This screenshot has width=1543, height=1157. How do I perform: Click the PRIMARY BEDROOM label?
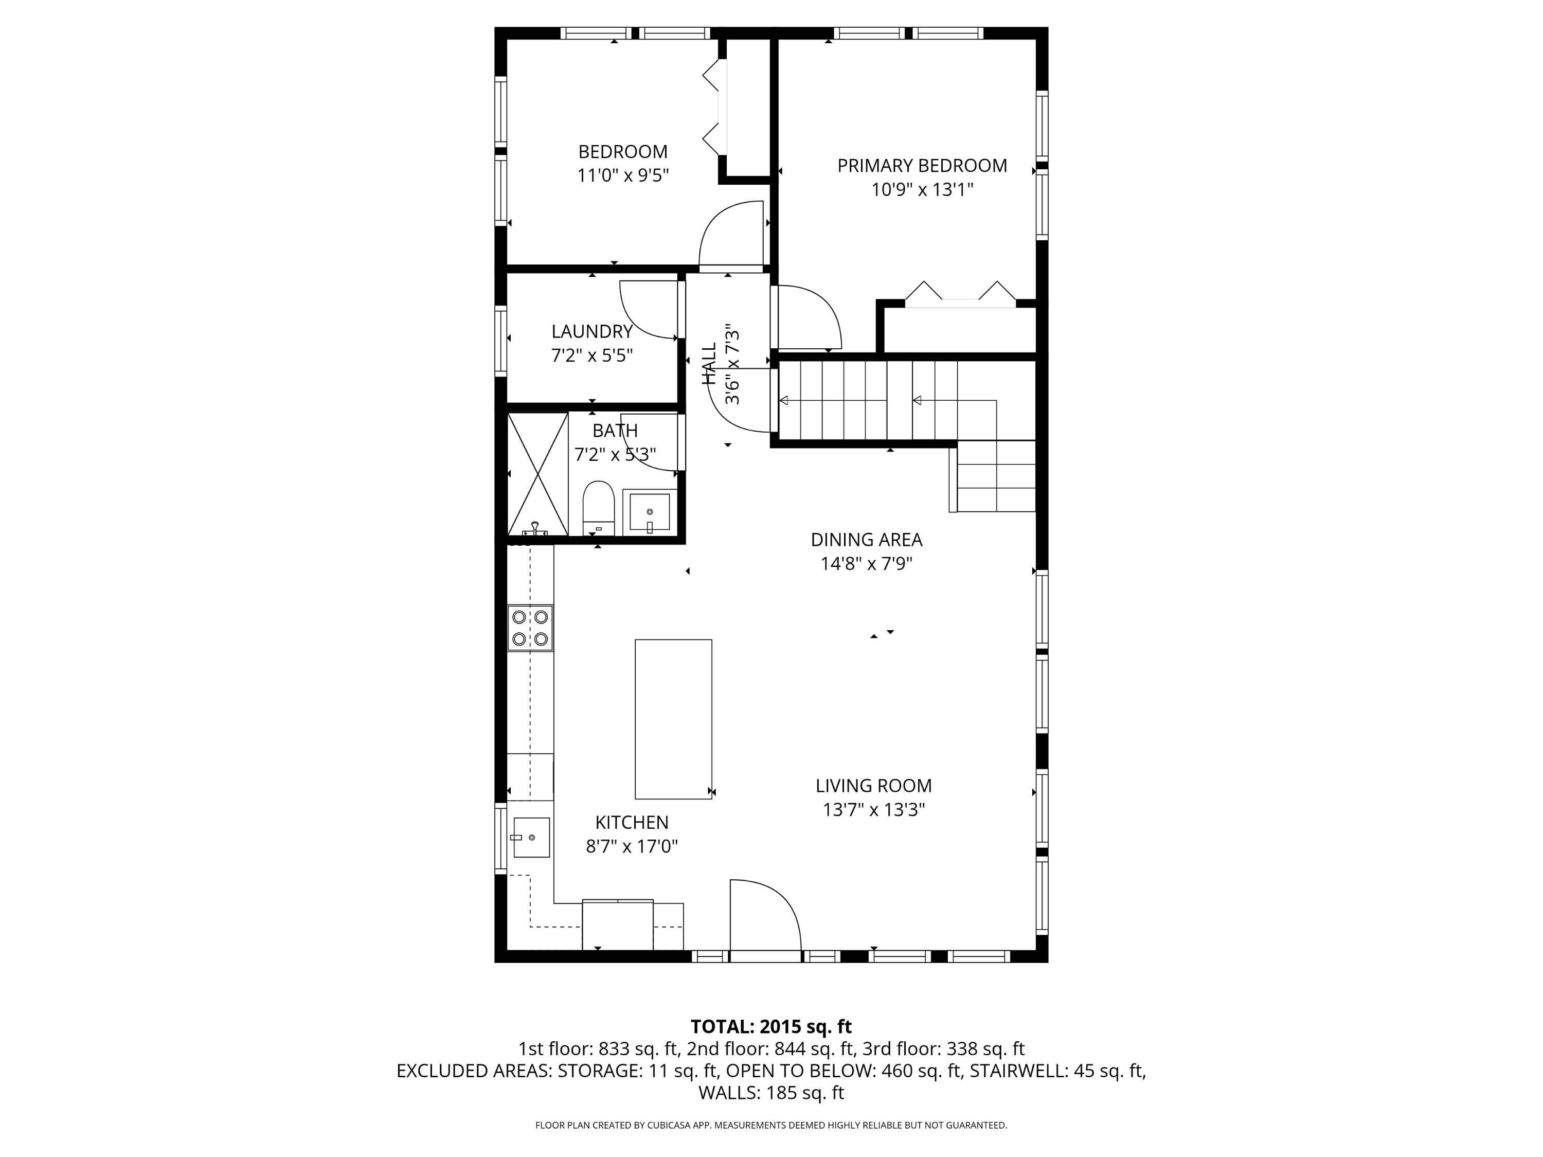[922, 166]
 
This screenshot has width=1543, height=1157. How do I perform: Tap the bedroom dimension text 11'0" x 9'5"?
[623, 175]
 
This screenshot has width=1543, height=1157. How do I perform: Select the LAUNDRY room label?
[592, 331]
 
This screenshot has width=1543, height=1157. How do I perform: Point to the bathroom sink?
[650, 511]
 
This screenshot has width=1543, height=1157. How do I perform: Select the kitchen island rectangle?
[673, 719]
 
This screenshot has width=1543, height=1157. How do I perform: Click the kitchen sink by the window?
[531, 836]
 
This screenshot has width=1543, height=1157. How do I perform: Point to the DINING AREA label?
[866, 540]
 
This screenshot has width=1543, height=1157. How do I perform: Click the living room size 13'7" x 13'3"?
[874, 809]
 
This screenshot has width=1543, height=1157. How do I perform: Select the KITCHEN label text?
[632, 822]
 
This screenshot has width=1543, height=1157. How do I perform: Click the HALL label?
[709, 364]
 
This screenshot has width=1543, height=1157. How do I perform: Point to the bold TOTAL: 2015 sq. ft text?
[771, 1026]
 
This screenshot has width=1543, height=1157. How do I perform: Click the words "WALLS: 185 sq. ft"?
[771, 1093]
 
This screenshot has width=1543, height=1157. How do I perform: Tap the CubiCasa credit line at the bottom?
[771, 1125]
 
